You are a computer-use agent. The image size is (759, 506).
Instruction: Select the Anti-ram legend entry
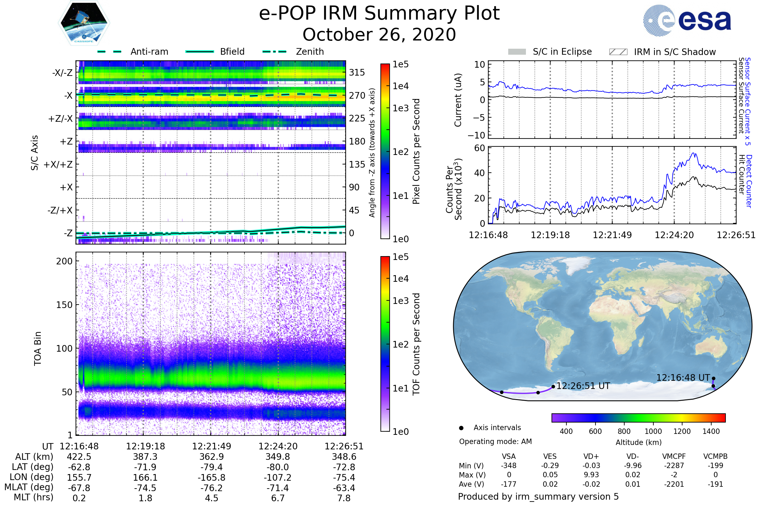[x=149, y=52]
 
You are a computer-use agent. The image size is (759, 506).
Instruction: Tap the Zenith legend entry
[x=310, y=52]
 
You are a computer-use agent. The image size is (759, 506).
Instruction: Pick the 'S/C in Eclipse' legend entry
[x=562, y=52]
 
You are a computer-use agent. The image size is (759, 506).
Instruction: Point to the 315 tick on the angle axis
[x=357, y=72]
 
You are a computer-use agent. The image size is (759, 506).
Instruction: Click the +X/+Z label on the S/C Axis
[x=58, y=164]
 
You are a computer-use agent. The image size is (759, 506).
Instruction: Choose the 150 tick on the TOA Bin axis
[x=64, y=305]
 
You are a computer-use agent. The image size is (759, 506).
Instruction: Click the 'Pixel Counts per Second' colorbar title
[x=416, y=151]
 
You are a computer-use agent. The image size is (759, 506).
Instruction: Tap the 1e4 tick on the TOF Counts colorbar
[x=400, y=279]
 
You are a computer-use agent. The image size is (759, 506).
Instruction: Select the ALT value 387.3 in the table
[x=145, y=457]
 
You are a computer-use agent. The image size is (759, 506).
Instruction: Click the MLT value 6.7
[x=278, y=498]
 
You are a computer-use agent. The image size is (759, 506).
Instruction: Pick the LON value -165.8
[x=211, y=477]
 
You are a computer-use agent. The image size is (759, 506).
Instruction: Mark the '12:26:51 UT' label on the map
[x=583, y=386]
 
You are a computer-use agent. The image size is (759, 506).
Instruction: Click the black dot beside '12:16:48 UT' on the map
[x=713, y=379]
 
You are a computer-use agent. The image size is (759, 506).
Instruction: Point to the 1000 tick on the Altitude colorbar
[x=653, y=431]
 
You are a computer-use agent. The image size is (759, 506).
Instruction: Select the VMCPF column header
[x=674, y=456]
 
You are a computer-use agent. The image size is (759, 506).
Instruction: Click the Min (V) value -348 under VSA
[x=509, y=466]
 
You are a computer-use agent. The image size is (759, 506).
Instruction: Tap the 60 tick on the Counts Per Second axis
[x=479, y=148]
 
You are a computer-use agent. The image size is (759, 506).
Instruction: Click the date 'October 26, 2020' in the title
[x=379, y=34]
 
